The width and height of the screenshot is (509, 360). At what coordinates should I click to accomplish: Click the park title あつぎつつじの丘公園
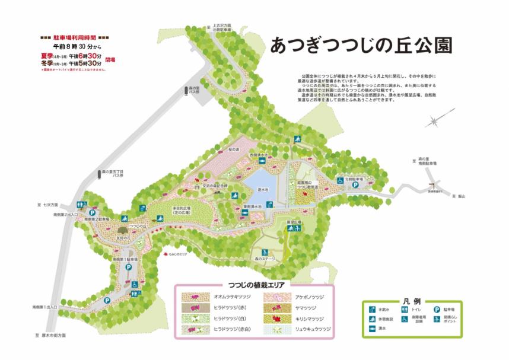coord(361,46)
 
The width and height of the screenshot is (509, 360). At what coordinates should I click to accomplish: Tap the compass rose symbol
coord(434,122)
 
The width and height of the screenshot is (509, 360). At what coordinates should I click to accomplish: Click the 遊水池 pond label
coord(263,190)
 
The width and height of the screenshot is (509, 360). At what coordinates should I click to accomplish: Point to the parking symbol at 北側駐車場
coord(355,184)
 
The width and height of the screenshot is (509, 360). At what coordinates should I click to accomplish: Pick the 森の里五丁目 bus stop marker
coord(99,176)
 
